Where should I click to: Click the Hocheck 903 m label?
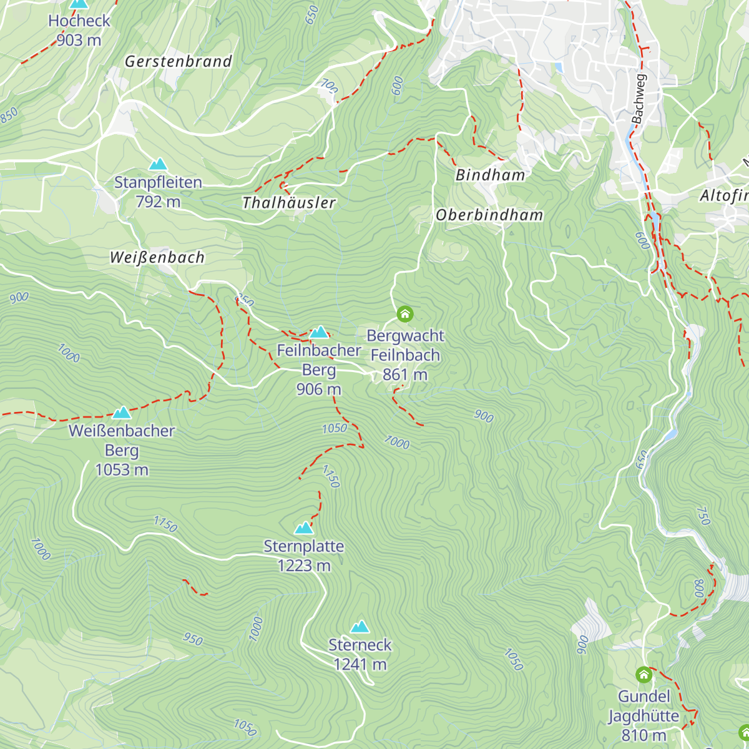[79, 30]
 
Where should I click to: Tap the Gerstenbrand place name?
[179, 61]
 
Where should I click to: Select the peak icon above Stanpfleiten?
[158, 164]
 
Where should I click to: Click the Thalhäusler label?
[289, 203]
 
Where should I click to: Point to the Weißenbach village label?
[157, 257]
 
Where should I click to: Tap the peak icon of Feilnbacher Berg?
[319, 331]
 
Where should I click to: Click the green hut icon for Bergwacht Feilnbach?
[405, 313]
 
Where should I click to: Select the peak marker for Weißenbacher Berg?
[122, 412]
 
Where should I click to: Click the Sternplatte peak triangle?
[304, 527]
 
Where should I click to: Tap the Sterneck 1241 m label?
[360, 654]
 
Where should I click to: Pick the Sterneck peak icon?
[360, 626]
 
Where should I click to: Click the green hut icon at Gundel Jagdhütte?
[644, 675]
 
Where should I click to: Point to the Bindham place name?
[491, 175]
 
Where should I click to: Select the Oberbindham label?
[489, 215]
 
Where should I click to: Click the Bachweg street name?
[638, 99]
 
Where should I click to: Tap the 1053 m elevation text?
[122, 470]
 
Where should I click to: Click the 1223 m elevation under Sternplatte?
[304, 565]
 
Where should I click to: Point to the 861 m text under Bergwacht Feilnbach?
[405, 374]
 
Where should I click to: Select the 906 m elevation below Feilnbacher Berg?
[319, 389]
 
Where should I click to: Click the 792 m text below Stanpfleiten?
[158, 202]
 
